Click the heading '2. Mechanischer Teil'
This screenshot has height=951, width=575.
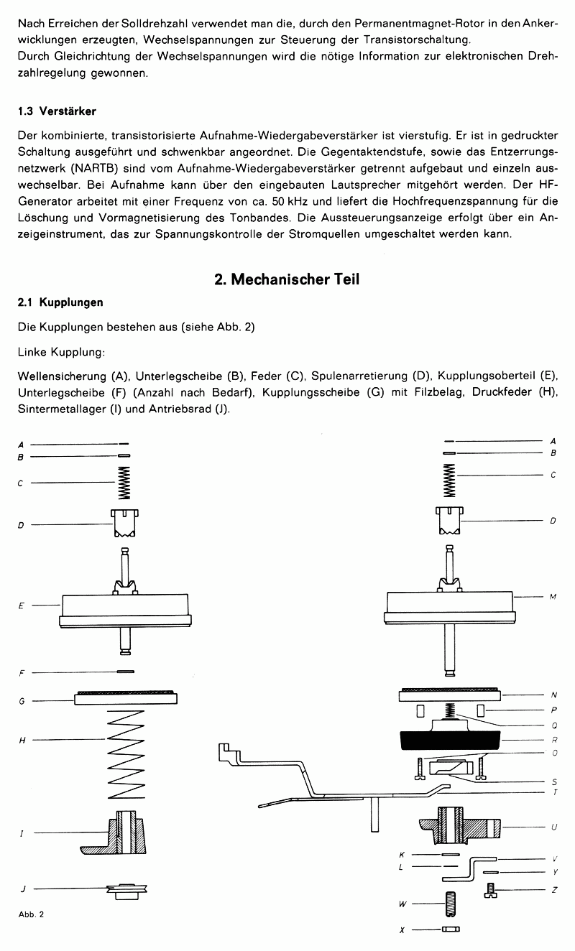pyautogui.click(x=287, y=279)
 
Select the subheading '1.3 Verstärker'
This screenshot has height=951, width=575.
pyautogui.click(x=57, y=111)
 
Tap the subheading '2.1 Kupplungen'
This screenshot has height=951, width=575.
pyautogui.click(x=60, y=303)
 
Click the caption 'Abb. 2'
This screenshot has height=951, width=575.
pyautogui.click(x=32, y=914)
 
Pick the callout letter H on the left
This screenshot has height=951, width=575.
pyautogui.click(x=22, y=741)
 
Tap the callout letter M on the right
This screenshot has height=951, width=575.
pyautogui.click(x=553, y=597)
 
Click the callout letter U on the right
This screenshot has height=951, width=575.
pyautogui.click(x=553, y=827)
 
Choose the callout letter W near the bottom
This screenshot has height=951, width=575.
pyautogui.click(x=402, y=904)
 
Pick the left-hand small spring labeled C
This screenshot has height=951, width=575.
pyautogui.click(x=124, y=483)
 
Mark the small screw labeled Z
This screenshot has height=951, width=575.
pyautogui.click(x=492, y=891)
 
